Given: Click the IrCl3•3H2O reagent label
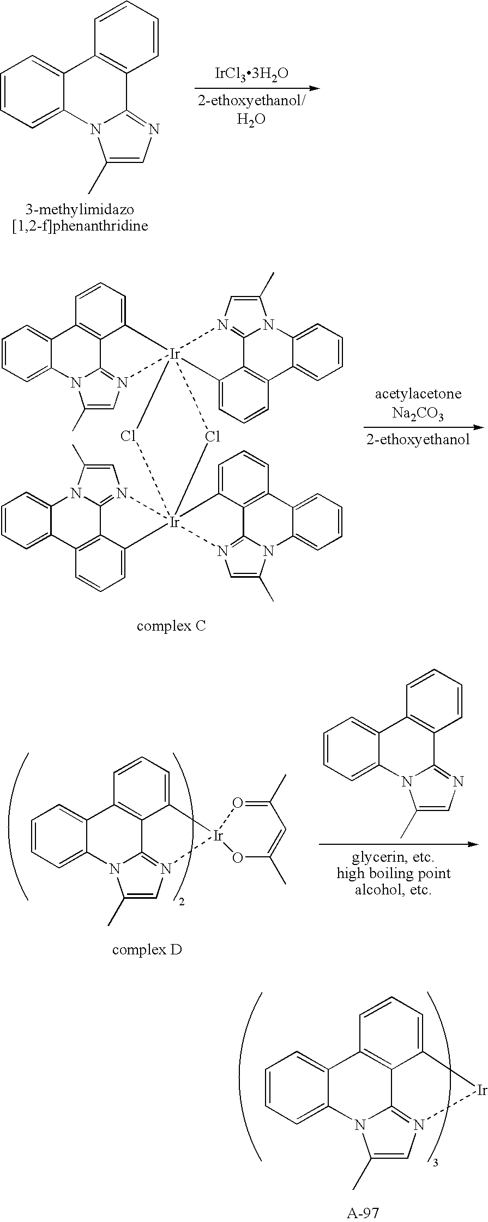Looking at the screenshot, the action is pyautogui.click(x=251, y=75).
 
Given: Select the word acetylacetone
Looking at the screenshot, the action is pyautogui.click(x=418, y=394).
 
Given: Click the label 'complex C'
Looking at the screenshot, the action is pyautogui.click(x=171, y=626).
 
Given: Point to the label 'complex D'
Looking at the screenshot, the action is pyautogui.click(x=147, y=949).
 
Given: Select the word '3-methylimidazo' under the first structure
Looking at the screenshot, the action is pyautogui.click(x=80, y=209).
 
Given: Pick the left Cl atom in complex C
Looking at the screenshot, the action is pyautogui.click(x=128, y=436).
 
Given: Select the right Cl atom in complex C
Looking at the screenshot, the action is pyautogui.click(x=213, y=436).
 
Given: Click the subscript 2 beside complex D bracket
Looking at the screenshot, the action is pyautogui.click(x=182, y=903).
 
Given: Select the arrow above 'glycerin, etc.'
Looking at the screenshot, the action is pyautogui.click(x=399, y=844).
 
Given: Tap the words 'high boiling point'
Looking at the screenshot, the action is pyautogui.click(x=394, y=874).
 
